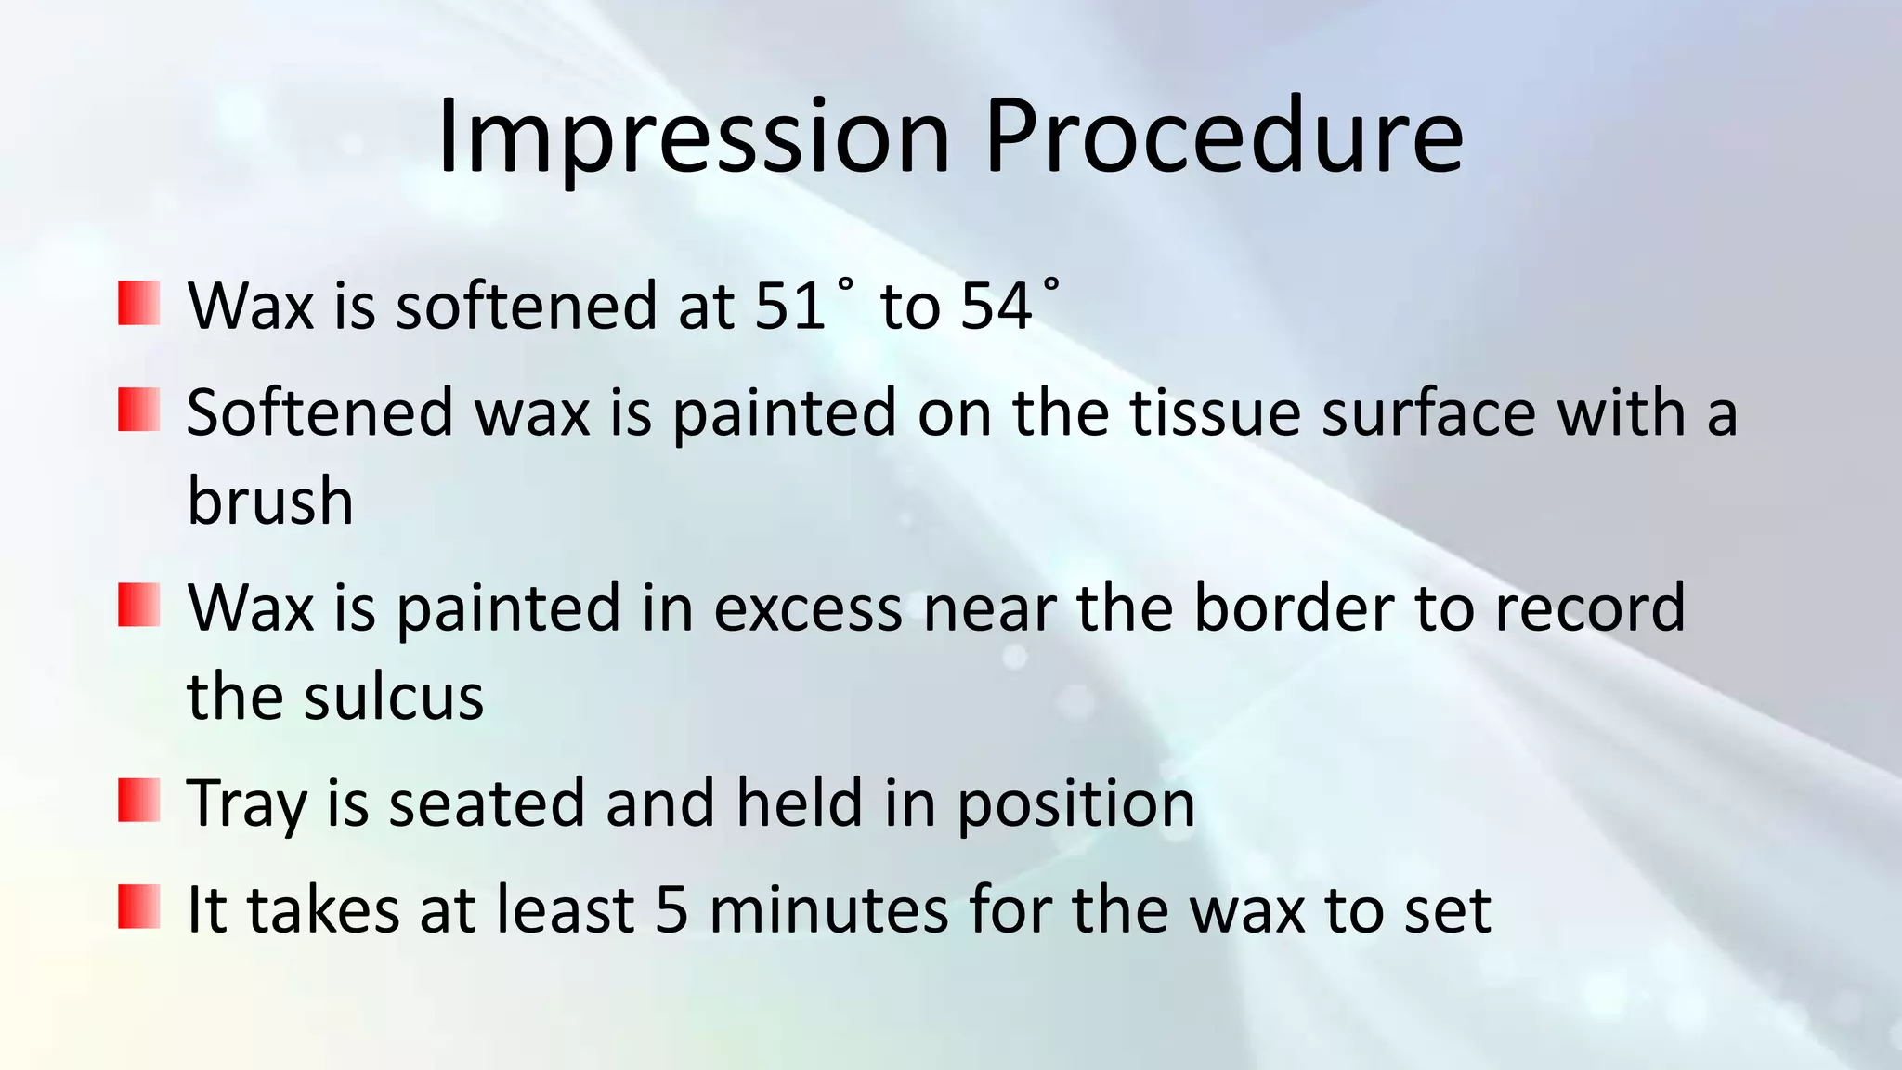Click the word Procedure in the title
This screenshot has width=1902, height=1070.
coord(1223,137)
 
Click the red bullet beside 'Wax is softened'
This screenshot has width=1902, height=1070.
coord(139,304)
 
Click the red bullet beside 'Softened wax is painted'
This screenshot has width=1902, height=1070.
coord(139,410)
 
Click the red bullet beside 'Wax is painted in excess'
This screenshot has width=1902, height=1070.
coord(139,605)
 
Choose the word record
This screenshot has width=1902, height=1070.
coord(1590,607)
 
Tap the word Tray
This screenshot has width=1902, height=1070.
coord(246,804)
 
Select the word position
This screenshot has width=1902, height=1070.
coord(1075,804)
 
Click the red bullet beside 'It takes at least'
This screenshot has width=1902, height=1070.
coord(139,907)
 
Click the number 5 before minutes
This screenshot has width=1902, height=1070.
coord(671,909)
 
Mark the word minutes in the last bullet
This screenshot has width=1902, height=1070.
coord(828,909)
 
